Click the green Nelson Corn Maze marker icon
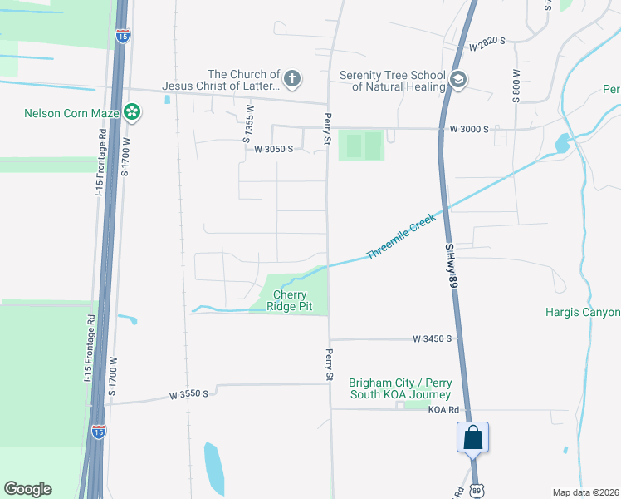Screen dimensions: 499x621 coord(132,112)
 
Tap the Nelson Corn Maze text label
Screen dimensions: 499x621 coord(73,113)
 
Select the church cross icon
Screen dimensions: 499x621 coord(291,80)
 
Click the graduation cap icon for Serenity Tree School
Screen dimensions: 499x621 coord(457,80)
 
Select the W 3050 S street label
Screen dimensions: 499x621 coord(274,150)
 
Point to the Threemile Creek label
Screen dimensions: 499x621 coord(401,236)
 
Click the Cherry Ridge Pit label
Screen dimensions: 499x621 coord(286,300)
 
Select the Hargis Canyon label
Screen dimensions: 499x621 coord(583,313)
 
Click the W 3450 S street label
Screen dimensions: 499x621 coord(433,339)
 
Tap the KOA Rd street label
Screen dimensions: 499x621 coord(444,410)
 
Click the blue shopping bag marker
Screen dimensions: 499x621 coord(472,437)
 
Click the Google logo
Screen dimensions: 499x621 coord(27,489)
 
